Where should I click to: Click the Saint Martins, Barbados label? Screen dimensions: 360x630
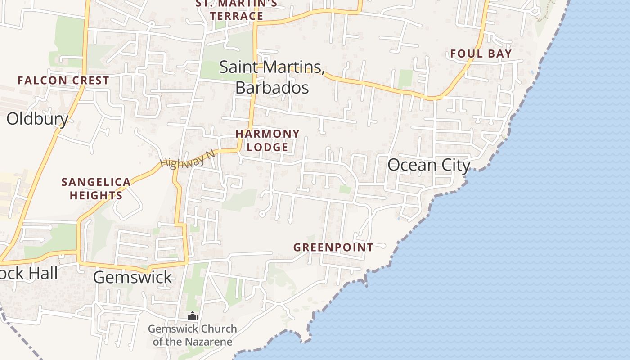coord(272,77)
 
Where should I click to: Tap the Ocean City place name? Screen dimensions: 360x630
coord(428,165)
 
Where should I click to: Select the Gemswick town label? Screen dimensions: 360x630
coord(132,277)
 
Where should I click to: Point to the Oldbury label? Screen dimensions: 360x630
coord(37,119)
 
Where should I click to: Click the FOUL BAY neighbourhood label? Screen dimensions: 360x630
coord(481,54)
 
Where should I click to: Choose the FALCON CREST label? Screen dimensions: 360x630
coord(63,81)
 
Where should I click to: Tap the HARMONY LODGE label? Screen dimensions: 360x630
coord(267,140)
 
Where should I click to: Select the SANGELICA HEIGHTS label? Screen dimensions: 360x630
coord(96,189)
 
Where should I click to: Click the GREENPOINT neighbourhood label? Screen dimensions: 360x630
coord(333,247)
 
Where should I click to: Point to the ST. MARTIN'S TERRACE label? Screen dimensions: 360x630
coord(236,10)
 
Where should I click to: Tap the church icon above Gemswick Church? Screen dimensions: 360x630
coord(193,316)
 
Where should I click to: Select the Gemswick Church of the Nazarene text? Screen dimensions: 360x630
coord(193,335)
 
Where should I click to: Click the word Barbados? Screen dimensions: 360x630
coord(272,87)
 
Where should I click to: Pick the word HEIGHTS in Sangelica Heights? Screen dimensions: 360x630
coord(96,196)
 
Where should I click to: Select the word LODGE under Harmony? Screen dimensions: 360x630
coord(267,147)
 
